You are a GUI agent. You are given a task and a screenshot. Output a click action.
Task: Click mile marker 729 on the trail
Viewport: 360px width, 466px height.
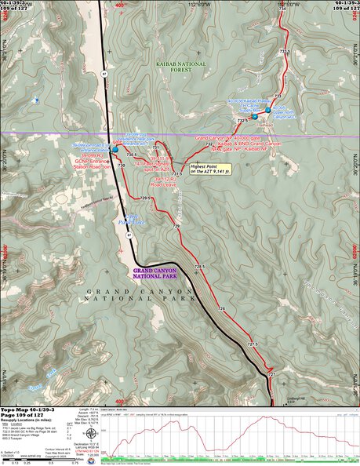click(x=176, y=226)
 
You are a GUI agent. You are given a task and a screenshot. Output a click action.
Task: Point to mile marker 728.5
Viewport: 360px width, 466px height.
click(x=199, y=268)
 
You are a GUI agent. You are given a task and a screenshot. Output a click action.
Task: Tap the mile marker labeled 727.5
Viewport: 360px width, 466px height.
click(x=252, y=344)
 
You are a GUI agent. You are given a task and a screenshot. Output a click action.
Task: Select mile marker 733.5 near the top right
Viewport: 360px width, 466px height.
click(x=285, y=51)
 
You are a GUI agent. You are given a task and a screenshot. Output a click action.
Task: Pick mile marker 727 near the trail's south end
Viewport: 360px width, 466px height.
click(x=271, y=375)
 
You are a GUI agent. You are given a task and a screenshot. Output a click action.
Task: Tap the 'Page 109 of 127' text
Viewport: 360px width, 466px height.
click(x=24, y=416)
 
